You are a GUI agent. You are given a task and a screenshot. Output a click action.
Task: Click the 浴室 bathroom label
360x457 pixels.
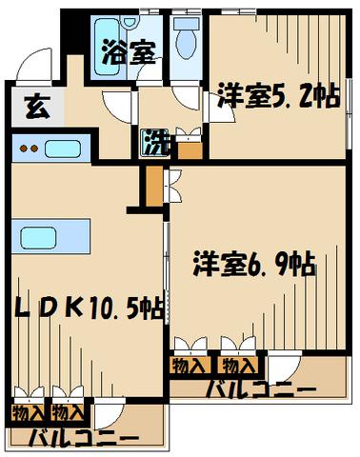(129, 52)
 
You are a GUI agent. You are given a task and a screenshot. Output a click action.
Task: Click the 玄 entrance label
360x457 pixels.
(37, 107)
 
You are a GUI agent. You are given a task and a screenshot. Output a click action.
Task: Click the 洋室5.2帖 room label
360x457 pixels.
(279, 95)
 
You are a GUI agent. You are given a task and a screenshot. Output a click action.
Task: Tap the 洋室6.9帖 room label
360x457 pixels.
(254, 263)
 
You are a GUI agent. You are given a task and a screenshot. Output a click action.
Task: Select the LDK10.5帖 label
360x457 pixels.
(90, 308)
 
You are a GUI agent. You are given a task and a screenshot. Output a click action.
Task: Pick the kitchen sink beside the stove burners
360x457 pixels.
(62, 149)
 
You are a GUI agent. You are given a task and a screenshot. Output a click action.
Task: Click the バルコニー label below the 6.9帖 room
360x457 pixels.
(261, 389)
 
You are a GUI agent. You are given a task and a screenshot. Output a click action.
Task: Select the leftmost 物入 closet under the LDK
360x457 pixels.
(29, 412)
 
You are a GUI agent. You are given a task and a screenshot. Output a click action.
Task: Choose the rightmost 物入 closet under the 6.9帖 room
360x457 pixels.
(238, 366)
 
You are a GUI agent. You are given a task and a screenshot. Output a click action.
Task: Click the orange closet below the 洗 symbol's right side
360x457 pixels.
(190, 150)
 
